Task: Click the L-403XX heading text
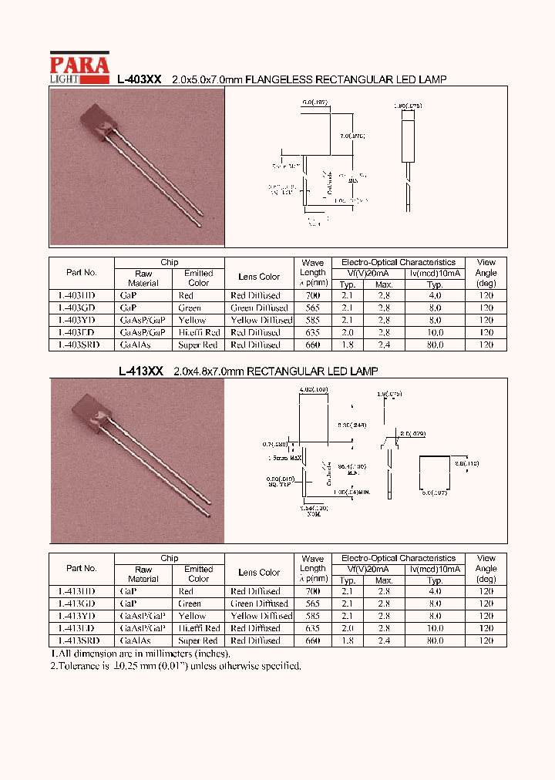(x=139, y=79)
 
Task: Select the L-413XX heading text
(x=140, y=372)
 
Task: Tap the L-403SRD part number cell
(x=79, y=345)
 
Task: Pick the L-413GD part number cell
(x=76, y=603)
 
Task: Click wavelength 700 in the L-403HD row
(x=312, y=295)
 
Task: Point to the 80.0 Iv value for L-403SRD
(x=435, y=345)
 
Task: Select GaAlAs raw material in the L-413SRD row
(x=136, y=640)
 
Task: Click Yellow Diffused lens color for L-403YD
(x=261, y=320)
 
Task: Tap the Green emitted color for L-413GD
(x=190, y=603)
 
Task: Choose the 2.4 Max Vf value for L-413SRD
(x=383, y=640)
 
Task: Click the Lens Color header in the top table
(x=259, y=277)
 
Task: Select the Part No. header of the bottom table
(x=81, y=568)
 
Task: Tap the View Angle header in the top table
(x=486, y=272)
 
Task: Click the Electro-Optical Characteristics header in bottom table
(x=399, y=558)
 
